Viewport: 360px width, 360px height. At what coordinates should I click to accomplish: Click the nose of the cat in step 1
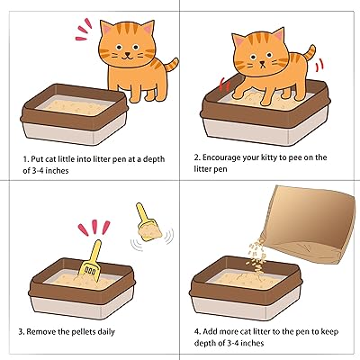click(128, 54)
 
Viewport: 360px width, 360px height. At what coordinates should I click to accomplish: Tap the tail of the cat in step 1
click(171, 65)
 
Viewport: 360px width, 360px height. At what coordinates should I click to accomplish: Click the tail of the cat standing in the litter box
click(309, 53)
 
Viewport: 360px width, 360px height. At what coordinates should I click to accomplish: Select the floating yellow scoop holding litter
click(147, 222)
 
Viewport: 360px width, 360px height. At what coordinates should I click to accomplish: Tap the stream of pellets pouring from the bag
click(256, 255)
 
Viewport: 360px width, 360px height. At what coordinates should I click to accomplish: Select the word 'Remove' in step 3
click(40, 332)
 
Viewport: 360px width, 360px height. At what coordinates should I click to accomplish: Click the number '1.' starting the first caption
click(26, 159)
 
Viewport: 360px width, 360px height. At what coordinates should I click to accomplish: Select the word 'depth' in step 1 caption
click(154, 159)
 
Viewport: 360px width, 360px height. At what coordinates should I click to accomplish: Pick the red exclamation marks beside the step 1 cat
click(84, 29)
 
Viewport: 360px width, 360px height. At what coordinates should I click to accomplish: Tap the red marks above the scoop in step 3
click(94, 228)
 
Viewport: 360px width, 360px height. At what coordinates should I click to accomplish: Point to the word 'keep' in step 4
click(329, 332)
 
